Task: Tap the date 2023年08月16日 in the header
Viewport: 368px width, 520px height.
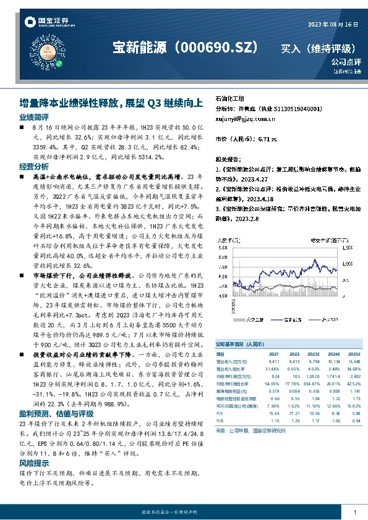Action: tap(333, 24)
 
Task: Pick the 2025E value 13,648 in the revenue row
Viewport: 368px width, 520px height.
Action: tap(353, 361)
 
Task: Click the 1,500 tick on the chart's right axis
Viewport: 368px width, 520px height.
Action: tap(348, 247)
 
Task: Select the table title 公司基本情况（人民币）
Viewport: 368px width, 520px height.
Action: tap(239, 342)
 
